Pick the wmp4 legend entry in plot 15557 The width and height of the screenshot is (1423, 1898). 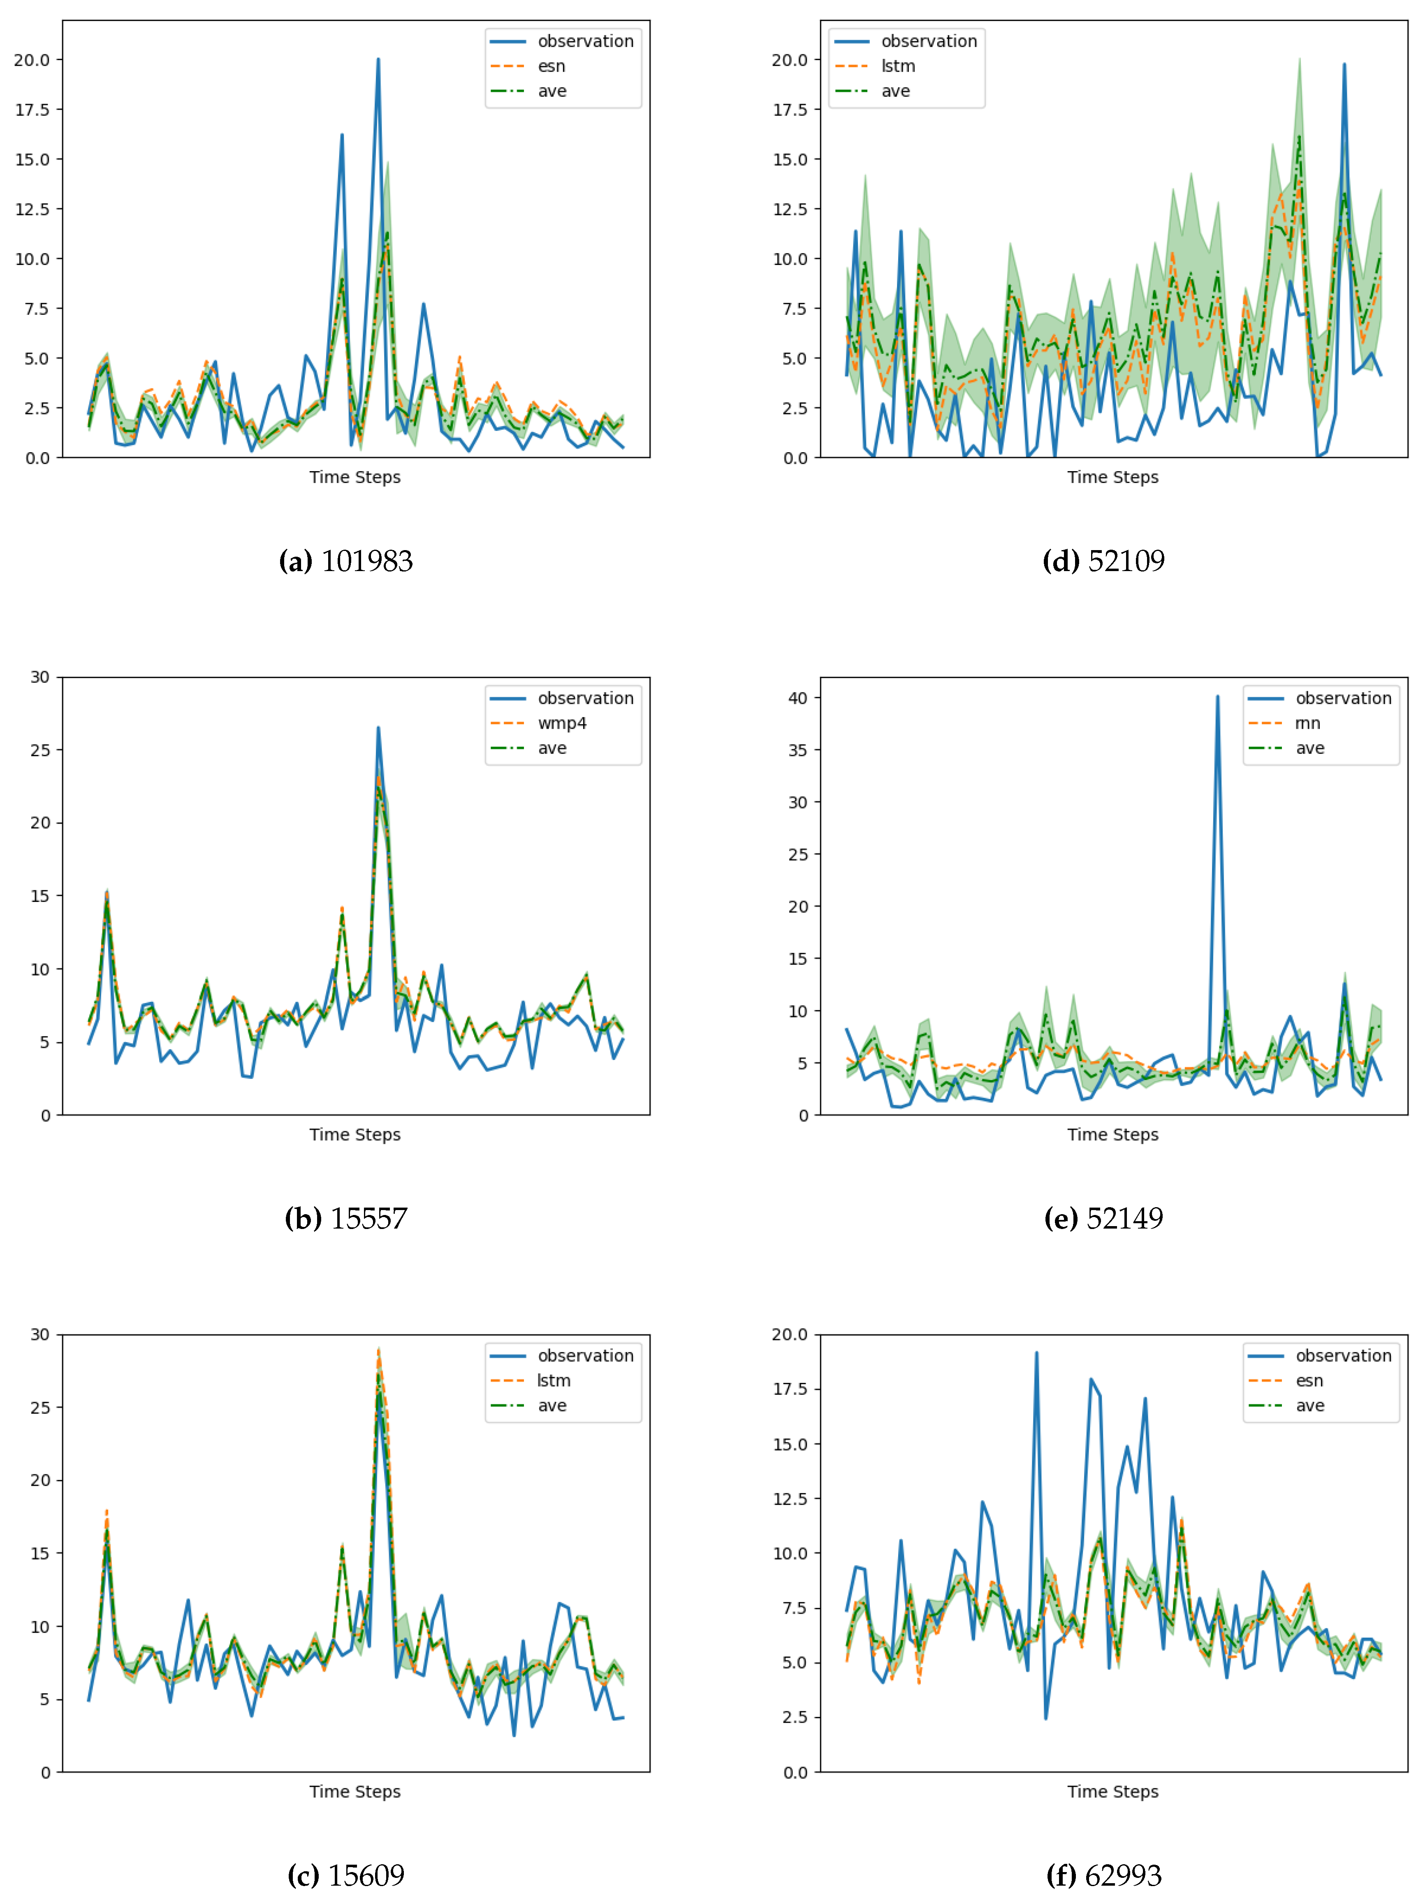pos(562,723)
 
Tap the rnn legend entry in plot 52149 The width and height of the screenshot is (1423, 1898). pos(1307,723)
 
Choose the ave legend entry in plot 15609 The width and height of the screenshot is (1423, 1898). pos(552,1405)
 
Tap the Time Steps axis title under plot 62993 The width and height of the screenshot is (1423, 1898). pos(1112,1791)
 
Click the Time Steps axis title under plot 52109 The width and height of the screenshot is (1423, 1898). pos(1112,477)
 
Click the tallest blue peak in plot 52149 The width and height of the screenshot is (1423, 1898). pos(1217,697)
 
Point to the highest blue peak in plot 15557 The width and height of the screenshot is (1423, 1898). pos(378,729)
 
